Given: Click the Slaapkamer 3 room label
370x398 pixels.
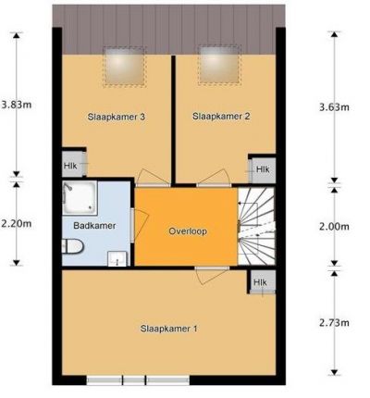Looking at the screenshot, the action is point(117,117).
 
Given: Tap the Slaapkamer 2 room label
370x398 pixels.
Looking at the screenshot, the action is point(221,117).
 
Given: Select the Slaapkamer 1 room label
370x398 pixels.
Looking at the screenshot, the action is point(168,329).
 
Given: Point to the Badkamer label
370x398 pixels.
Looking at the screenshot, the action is point(94,226).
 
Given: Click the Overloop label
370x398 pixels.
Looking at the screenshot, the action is point(188,231).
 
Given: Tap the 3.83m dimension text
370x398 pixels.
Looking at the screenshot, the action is point(16,105).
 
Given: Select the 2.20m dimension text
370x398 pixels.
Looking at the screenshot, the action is point(16,223).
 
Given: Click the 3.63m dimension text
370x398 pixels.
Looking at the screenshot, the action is point(334,107).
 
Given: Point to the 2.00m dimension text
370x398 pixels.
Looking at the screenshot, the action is point(334,227).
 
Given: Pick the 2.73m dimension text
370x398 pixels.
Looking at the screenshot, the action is point(334,323).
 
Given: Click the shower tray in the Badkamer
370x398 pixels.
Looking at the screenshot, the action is point(80,198).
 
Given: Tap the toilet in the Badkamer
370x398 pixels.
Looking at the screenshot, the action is point(73,246).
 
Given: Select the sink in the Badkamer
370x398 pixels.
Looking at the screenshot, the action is point(117,258).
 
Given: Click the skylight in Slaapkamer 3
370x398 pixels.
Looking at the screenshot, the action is point(125,67).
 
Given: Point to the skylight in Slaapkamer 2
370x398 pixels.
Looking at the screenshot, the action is point(220,65).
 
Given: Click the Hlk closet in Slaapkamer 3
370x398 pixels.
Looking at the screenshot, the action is point(73,164).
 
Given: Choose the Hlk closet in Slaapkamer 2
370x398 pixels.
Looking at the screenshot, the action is point(262,168).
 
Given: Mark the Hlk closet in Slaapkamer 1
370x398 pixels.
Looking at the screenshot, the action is point(262,281).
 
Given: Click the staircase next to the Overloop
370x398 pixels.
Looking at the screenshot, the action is point(256,226).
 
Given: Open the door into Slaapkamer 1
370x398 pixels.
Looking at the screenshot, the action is point(212,275).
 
